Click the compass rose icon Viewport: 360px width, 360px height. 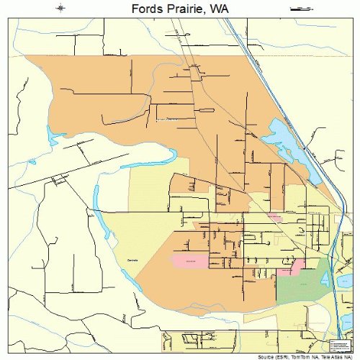(60, 9)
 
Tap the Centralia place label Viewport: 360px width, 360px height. (131, 258)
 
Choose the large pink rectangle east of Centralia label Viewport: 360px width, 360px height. (189, 259)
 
